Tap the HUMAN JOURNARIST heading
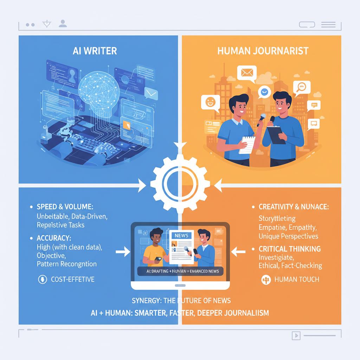click(263, 51)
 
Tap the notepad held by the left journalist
click(247, 144)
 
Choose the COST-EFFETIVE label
click(72, 279)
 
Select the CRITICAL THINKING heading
click(290, 249)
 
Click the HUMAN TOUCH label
click(296, 279)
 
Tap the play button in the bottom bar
click(296, 336)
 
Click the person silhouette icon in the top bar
click(63, 24)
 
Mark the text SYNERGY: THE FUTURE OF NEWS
click(181, 300)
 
